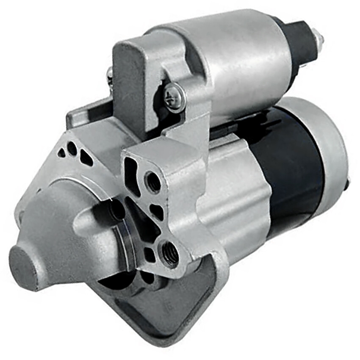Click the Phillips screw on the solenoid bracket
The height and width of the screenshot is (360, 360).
click(x=174, y=97)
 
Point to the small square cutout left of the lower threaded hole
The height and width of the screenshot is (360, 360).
click(x=149, y=254)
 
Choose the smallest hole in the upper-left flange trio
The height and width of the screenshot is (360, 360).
click(x=62, y=153)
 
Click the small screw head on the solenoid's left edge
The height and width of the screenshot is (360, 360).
click(x=110, y=75)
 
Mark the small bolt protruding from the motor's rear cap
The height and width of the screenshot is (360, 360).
click(x=348, y=183)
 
